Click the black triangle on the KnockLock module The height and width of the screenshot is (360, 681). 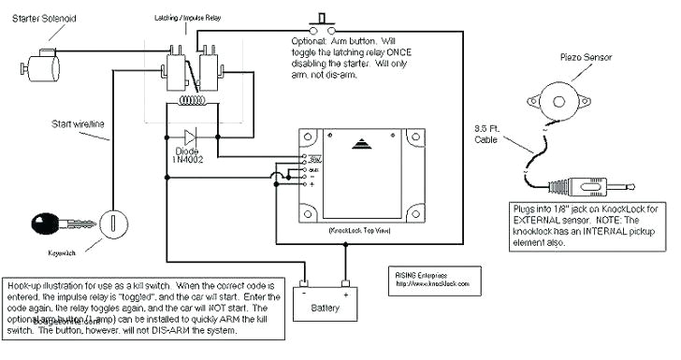click(x=362, y=144)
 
